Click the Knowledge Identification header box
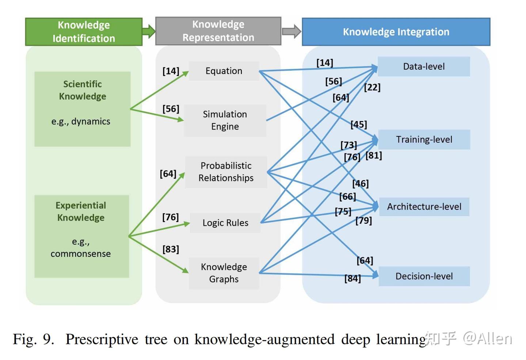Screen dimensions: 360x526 pyautogui.click(x=84, y=32)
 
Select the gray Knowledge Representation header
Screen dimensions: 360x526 pyautogui.click(x=218, y=31)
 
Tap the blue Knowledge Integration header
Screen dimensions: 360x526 pyautogui.click(x=396, y=32)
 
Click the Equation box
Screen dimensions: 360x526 pyautogui.click(x=224, y=71)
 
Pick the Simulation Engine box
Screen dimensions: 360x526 pyautogui.click(x=225, y=120)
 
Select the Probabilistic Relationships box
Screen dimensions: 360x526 pyautogui.click(x=226, y=172)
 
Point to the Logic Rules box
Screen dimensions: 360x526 pyautogui.click(x=225, y=223)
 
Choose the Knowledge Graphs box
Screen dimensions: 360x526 pyautogui.click(x=224, y=273)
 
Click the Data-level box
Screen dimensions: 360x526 pyautogui.click(x=424, y=66)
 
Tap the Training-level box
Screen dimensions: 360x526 pyautogui.click(x=424, y=139)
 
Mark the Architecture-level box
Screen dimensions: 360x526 pyautogui.click(x=424, y=207)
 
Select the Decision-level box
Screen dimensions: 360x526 pyautogui.click(x=424, y=276)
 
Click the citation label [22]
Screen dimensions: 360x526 pyautogui.click(x=372, y=87)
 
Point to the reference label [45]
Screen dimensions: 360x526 pyautogui.click(x=359, y=125)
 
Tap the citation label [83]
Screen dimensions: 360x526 pyautogui.click(x=171, y=249)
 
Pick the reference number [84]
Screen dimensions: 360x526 pyautogui.click(x=352, y=279)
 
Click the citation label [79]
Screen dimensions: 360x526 pyautogui.click(x=363, y=221)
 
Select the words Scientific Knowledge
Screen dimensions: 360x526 pyautogui.click(x=83, y=90)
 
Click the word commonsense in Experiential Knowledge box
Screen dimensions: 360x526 pyautogui.click(x=81, y=254)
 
